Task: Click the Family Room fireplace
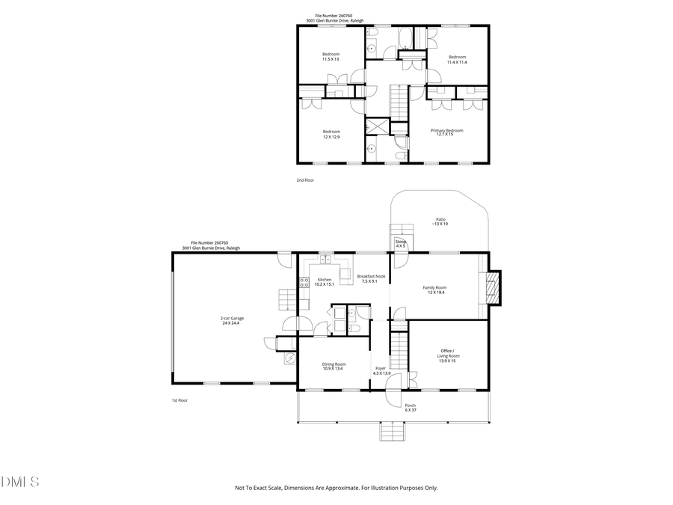(x=493, y=288)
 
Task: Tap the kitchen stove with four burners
(x=304, y=282)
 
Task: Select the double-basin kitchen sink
(x=325, y=260)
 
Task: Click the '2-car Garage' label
(x=232, y=318)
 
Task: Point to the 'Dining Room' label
(x=334, y=364)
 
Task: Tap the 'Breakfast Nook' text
(x=371, y=276)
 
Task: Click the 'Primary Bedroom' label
(x=446, y=129)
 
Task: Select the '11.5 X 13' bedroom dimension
(x=331, y=59)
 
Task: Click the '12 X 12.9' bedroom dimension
(x=331, y=136)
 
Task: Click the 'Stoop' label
(x=400, y=242)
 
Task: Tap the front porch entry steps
(x=392, y=432)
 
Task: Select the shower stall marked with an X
(x=377, y=126)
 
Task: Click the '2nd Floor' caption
(x=305, y=180)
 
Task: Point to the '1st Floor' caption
(x=179, y=400)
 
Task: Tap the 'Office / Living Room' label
(x=448, y=353)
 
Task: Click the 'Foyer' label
(x=381, y=368)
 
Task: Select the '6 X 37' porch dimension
(x=410, y=410)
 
